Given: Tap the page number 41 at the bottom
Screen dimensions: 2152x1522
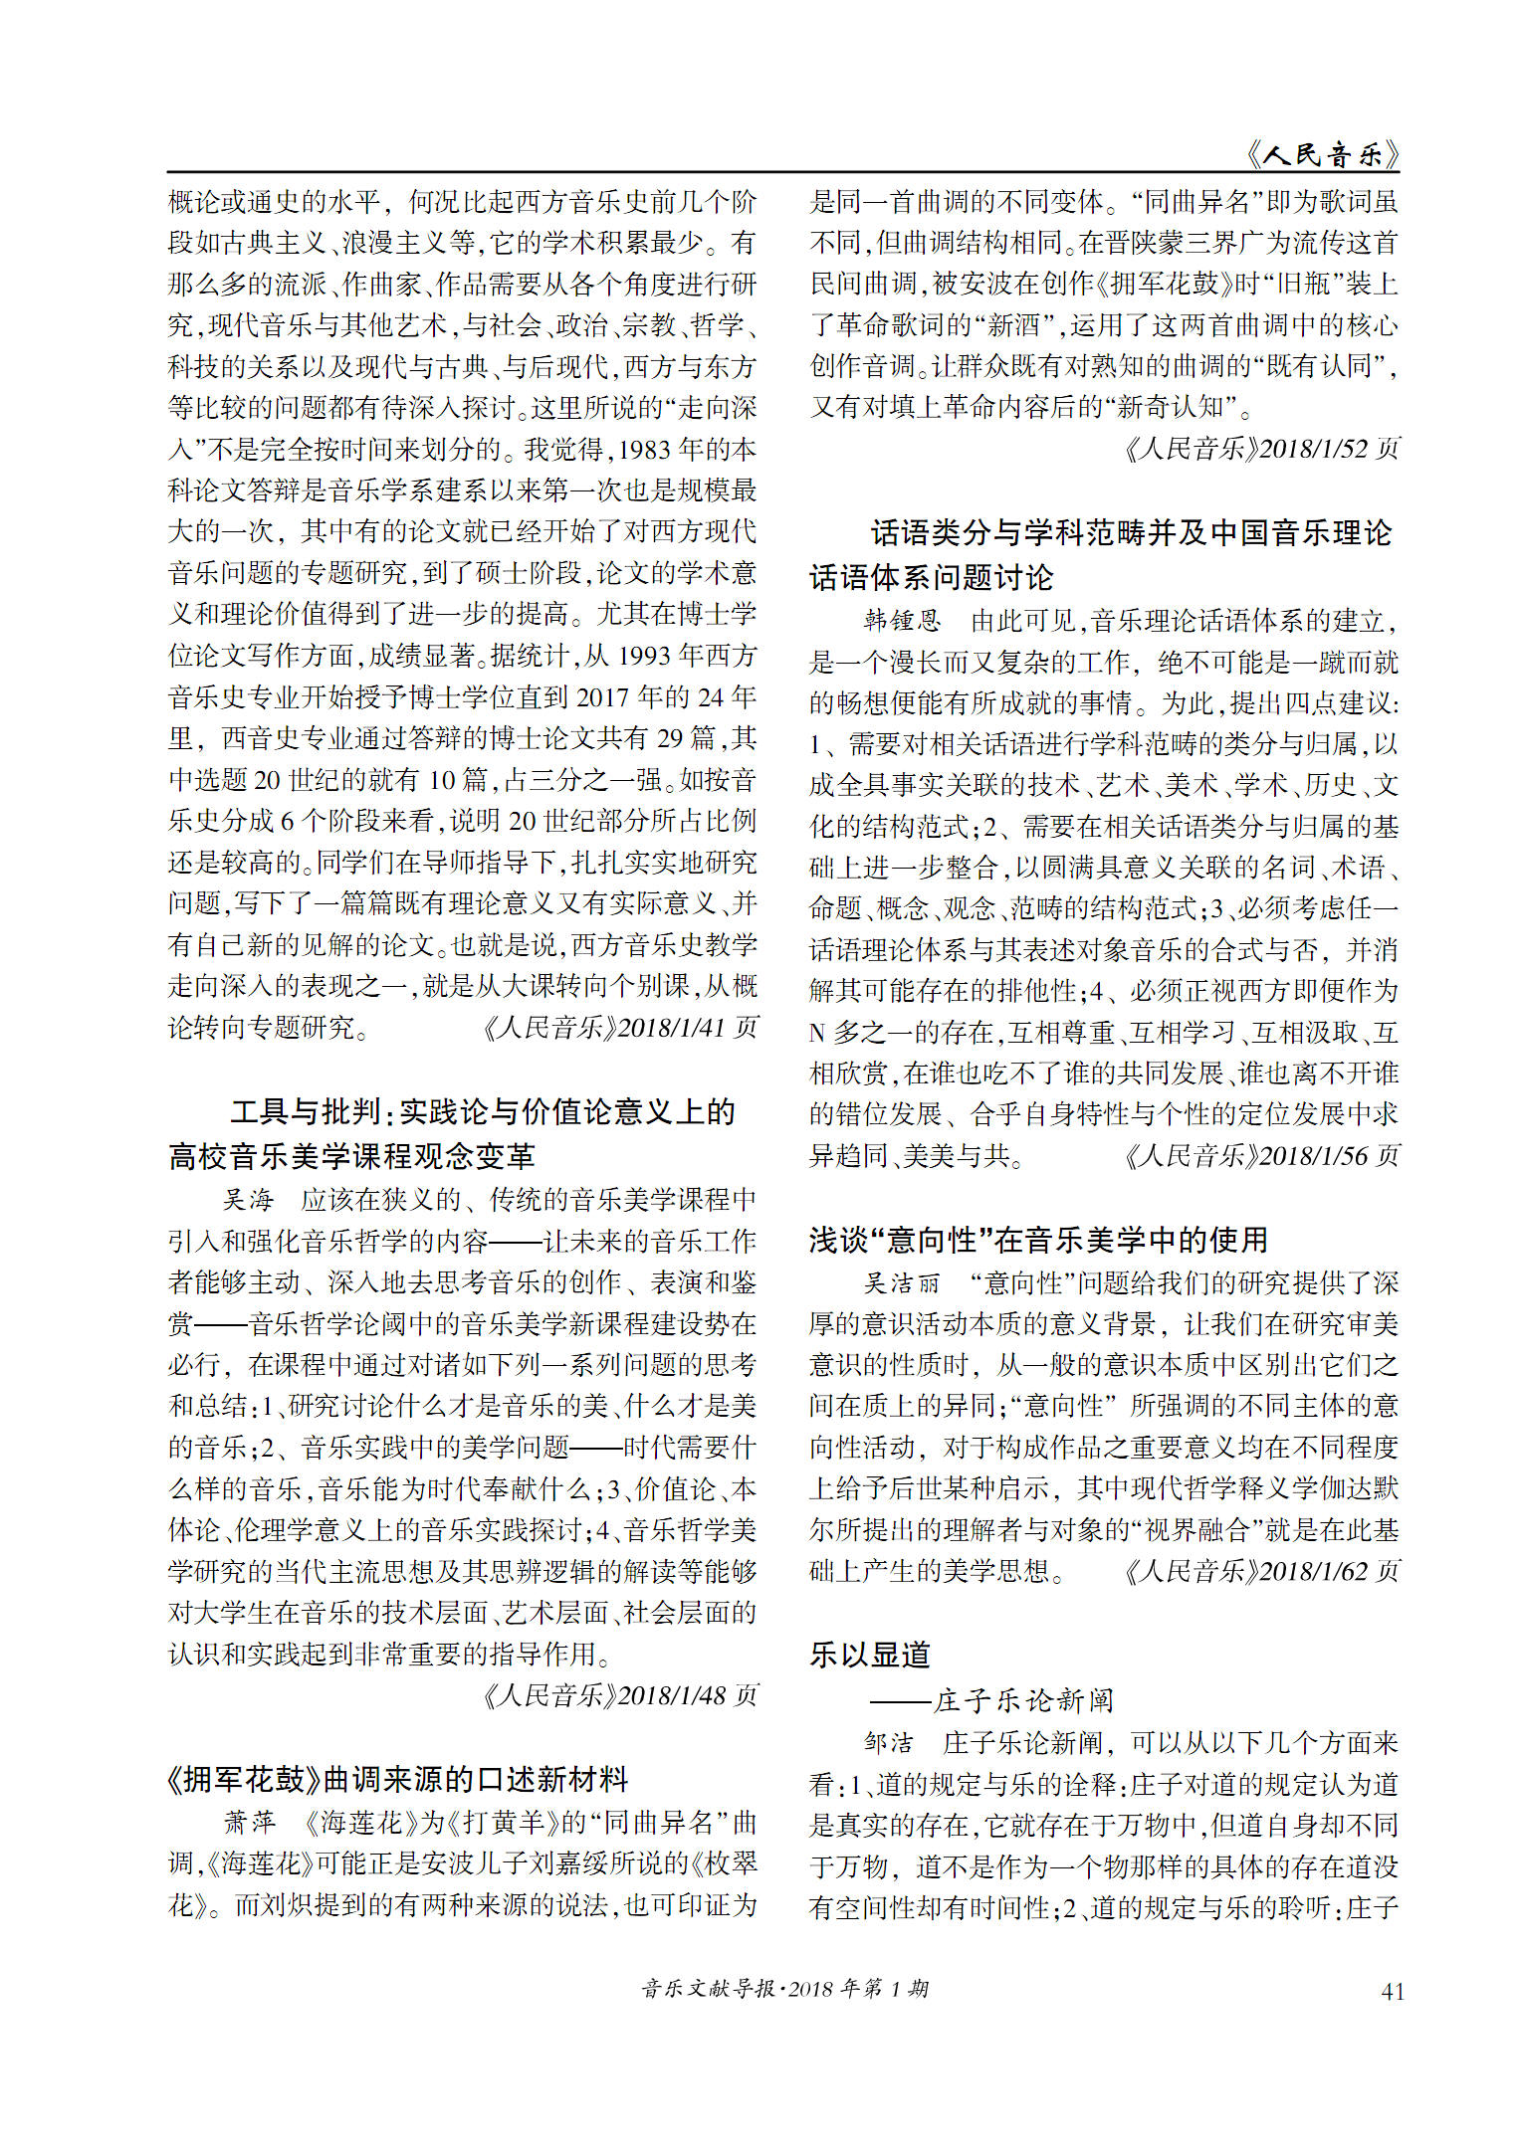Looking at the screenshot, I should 1393,1991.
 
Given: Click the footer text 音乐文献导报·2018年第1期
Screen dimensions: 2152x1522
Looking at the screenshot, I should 785,1988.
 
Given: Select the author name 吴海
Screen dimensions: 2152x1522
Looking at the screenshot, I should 248,1200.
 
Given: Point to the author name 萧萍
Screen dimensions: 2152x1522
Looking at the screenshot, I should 249,1822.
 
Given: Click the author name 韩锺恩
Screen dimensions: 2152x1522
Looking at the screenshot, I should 902,621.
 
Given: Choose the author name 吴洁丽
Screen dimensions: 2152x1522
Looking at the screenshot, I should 902,1283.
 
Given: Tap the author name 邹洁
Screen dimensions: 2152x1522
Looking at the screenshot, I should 889,1742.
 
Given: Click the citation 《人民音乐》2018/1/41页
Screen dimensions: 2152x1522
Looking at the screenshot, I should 619,1027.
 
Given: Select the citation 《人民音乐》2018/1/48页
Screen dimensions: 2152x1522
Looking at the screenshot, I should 619,1695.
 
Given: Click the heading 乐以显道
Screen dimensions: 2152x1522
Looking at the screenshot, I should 870,1655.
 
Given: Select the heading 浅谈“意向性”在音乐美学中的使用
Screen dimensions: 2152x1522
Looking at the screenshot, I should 1038,1240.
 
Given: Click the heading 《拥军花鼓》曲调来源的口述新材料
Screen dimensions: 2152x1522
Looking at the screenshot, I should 397,1779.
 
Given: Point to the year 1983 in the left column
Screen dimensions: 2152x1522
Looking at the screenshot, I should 644,450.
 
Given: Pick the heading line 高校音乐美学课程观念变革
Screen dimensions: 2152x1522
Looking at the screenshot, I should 352,1156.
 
